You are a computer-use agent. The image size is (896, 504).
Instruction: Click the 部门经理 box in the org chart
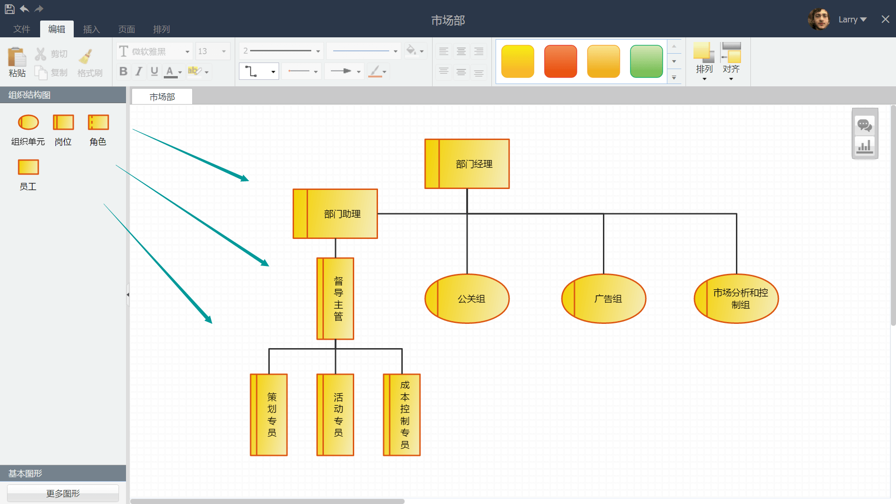coord(467,164)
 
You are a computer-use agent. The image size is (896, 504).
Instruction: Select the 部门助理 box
coord(335,214)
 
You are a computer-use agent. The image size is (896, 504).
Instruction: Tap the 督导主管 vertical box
coord(336,299)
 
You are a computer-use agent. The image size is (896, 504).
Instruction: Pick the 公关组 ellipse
coord(467,299)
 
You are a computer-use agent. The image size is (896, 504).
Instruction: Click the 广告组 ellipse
coord(604,299)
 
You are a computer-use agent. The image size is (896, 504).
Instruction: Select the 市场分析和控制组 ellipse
coord(736,299)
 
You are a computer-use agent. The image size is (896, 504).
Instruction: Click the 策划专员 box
coord(269,415)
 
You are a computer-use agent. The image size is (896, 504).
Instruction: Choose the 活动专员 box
coord(336,415)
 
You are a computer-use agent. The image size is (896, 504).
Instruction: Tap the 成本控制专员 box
coord(402,415)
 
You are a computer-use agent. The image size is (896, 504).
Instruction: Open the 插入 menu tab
coord(91,29)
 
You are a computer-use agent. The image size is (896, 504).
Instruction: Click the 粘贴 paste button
coord(17,62)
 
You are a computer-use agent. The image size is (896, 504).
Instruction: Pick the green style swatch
coord(646,61)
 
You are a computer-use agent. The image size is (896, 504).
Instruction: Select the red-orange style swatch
coord(560,61)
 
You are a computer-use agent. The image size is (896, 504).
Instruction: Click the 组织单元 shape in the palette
coord(28,123)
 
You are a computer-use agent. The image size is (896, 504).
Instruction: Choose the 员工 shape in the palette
coord(28,168)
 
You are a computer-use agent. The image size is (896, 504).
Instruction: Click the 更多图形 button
coord(63,493)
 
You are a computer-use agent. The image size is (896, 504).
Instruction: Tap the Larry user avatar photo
coord(819,19)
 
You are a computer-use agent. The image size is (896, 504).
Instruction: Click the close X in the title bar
coord(885,19)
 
